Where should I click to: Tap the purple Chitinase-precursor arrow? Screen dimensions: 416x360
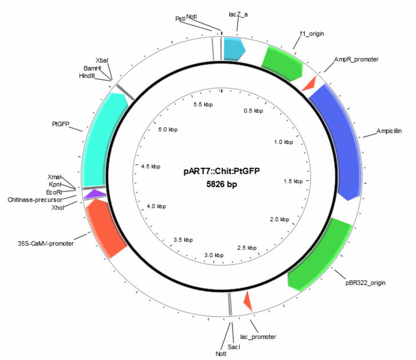coord(95,194)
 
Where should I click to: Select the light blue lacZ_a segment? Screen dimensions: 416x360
coord(234,50)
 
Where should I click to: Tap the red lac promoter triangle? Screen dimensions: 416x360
coord(248,301)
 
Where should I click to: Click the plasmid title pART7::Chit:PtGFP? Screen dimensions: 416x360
coord(222,171)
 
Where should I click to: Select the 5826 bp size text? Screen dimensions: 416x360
coord(222,184)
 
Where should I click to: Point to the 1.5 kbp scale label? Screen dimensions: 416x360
coord(293,181)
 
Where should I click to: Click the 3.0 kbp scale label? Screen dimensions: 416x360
coord(214,255)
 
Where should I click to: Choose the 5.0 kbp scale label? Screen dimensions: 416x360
coord(168,130)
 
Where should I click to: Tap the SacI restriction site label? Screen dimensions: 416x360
coord(234,347)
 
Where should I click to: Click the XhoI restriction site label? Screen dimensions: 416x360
coord(58,208)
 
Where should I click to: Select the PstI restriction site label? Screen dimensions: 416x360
coord(181,19)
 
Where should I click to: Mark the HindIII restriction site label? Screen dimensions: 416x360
coord(87,76)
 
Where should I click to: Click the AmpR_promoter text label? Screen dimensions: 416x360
coord(356,59)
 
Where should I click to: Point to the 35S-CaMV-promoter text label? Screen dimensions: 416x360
coord(46,244)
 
